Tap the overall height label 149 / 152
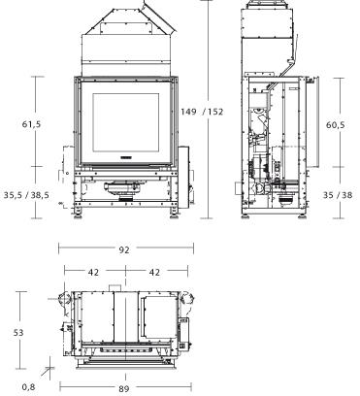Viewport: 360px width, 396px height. [202, 112]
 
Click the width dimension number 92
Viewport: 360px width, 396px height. [124, 249]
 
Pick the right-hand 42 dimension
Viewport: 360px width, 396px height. [153, 273]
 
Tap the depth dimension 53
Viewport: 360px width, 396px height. [18, 332]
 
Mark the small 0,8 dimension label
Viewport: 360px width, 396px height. [27, 386]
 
